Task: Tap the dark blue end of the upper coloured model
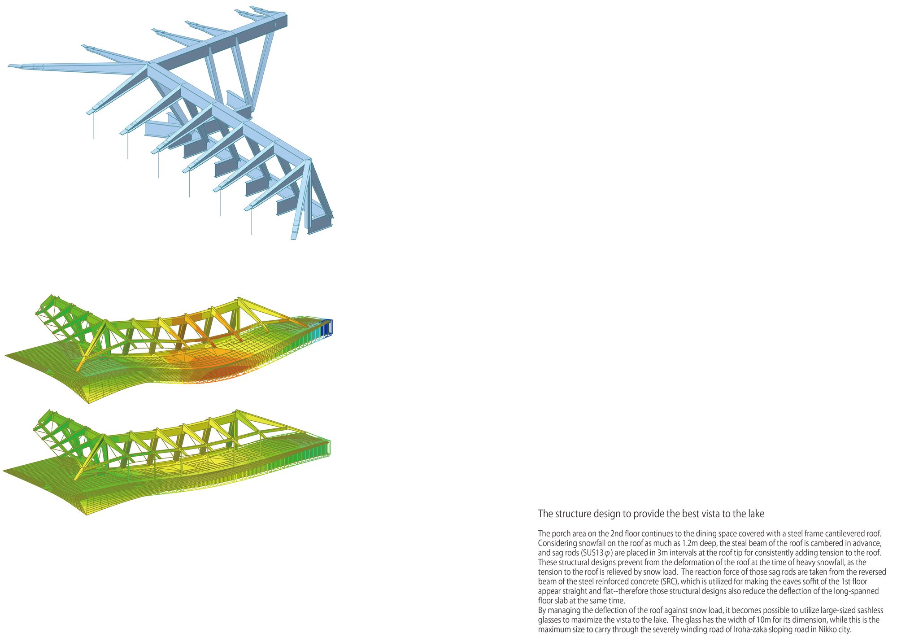click(x=327, y=327)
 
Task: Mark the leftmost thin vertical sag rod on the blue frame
click(x=94, y=126)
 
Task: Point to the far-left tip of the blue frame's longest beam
click(x=9, y=66)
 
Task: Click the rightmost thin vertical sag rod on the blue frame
click(x=251, y=223)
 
